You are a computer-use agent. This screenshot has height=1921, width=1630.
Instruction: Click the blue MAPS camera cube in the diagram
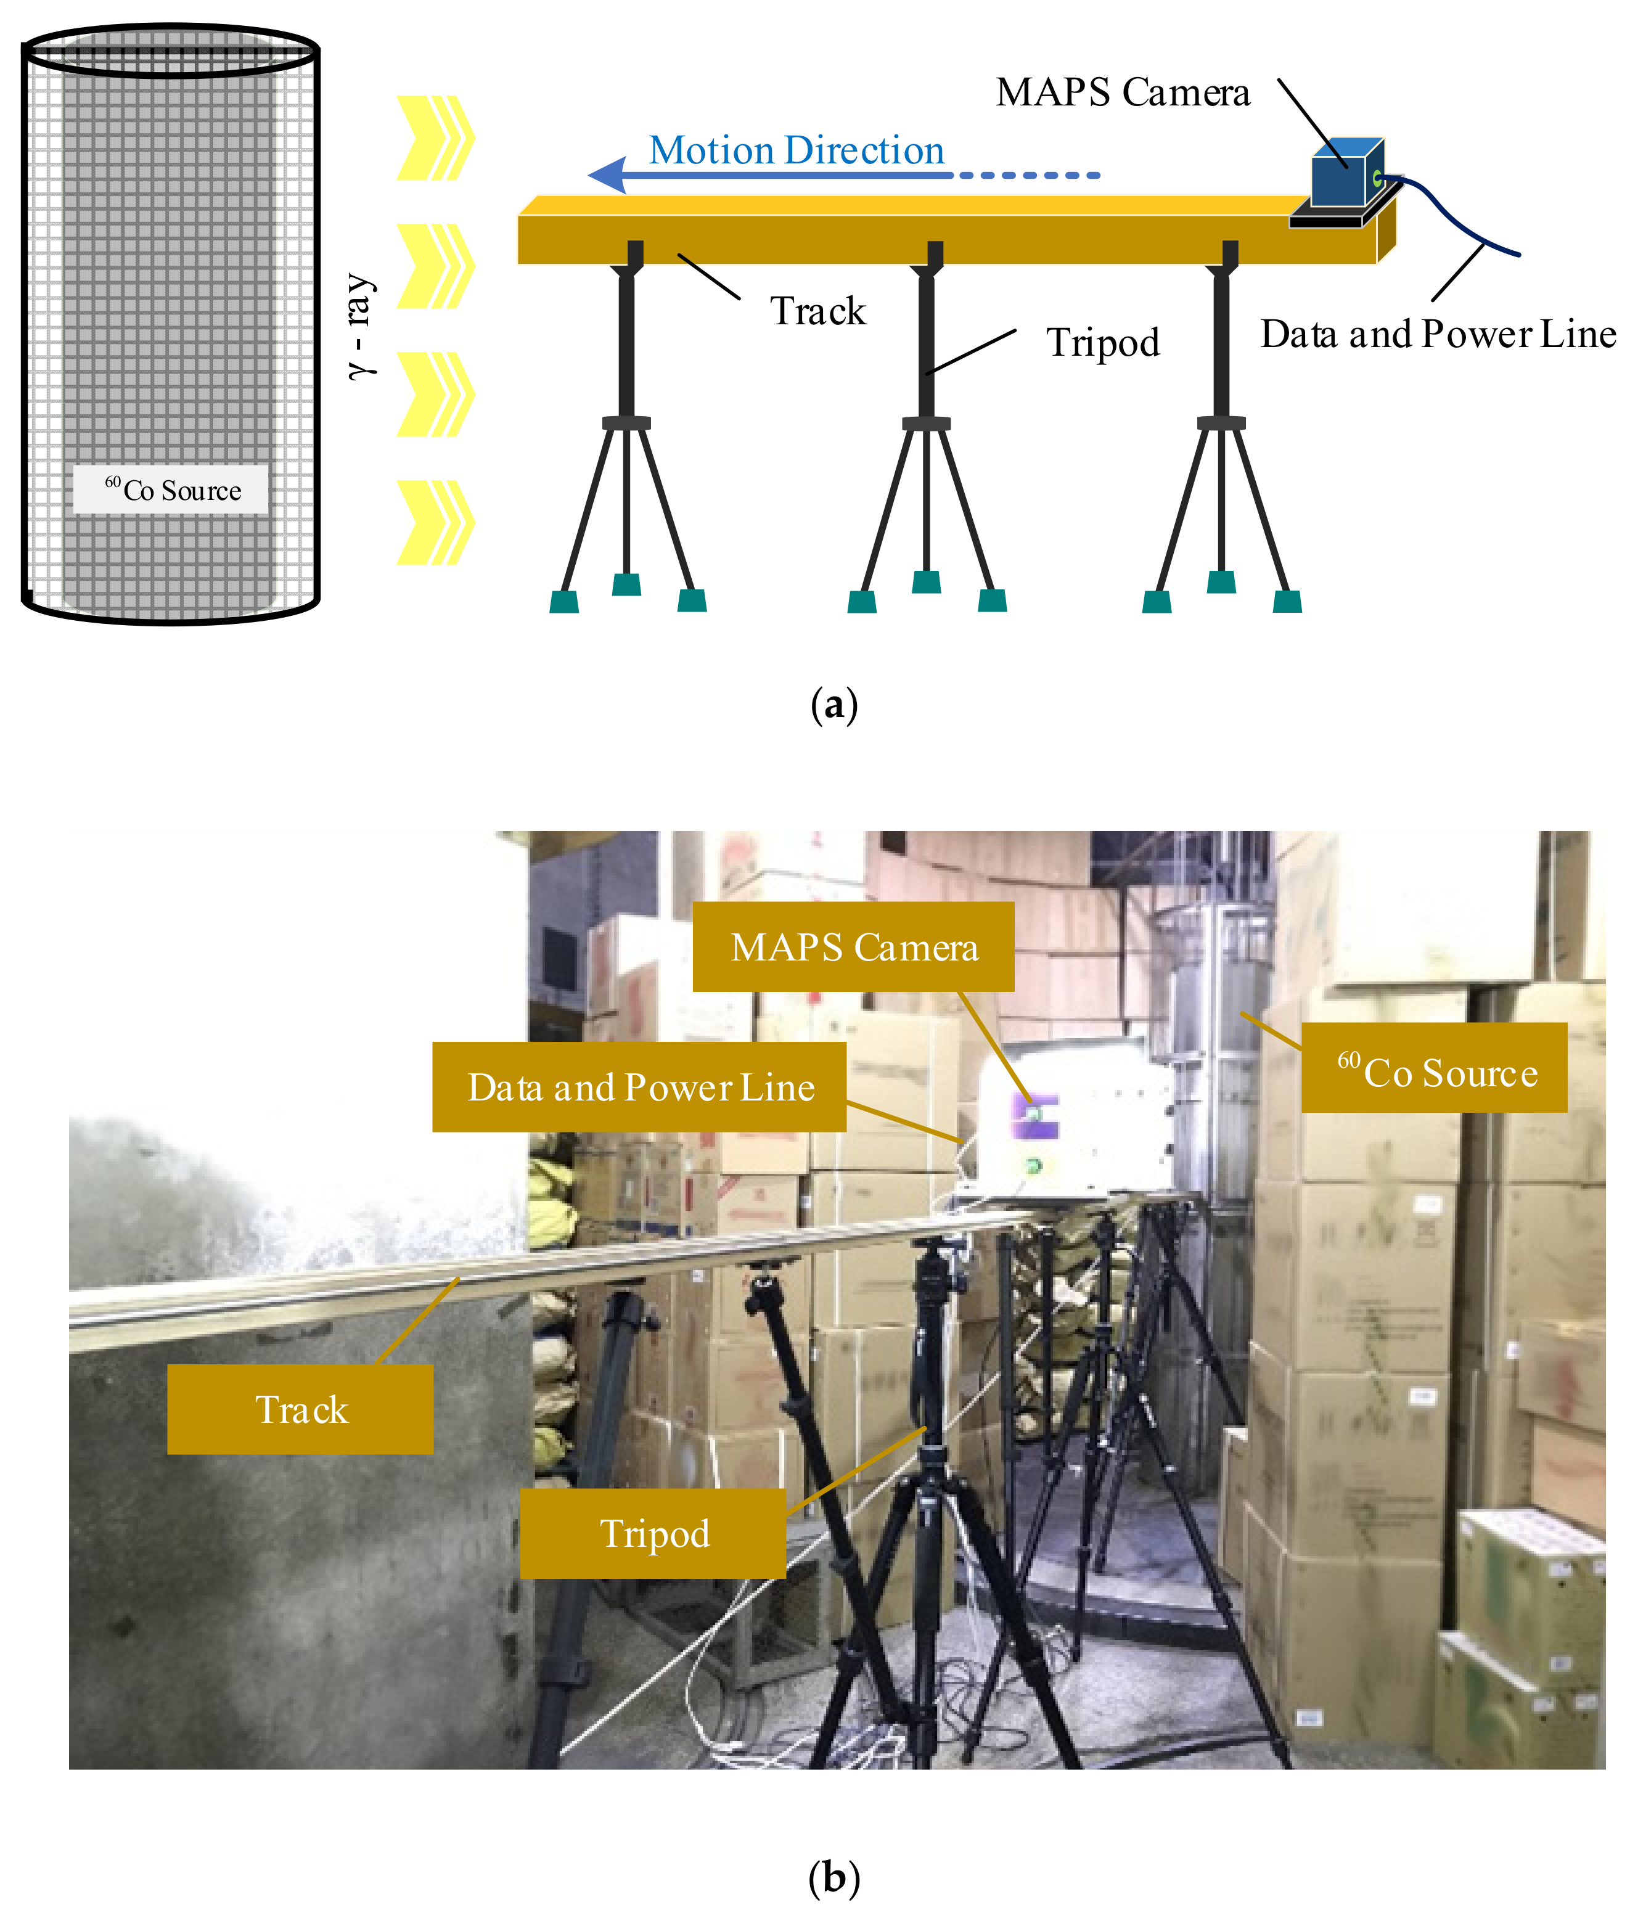[x=1345, y=174]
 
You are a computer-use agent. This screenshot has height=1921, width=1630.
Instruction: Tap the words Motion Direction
[x=796, y=150]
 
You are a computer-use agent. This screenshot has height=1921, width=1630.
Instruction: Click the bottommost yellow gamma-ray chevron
[x=434, y=522]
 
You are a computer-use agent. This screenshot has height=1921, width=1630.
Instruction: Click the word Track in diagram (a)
[x=817, y=311]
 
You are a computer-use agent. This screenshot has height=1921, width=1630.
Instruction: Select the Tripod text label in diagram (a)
[x=1102, y=342]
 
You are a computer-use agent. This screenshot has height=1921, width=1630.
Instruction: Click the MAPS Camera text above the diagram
[x=1122, y=92]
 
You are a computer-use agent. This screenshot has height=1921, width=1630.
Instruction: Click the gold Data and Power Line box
[x=639, y=1087]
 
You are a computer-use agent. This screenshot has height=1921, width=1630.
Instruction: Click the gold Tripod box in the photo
[x=653, y=1533]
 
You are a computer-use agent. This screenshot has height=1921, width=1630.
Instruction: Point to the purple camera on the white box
[x=1035, y=1116]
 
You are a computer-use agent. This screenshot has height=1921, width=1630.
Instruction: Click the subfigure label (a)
[x=833, y=705]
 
